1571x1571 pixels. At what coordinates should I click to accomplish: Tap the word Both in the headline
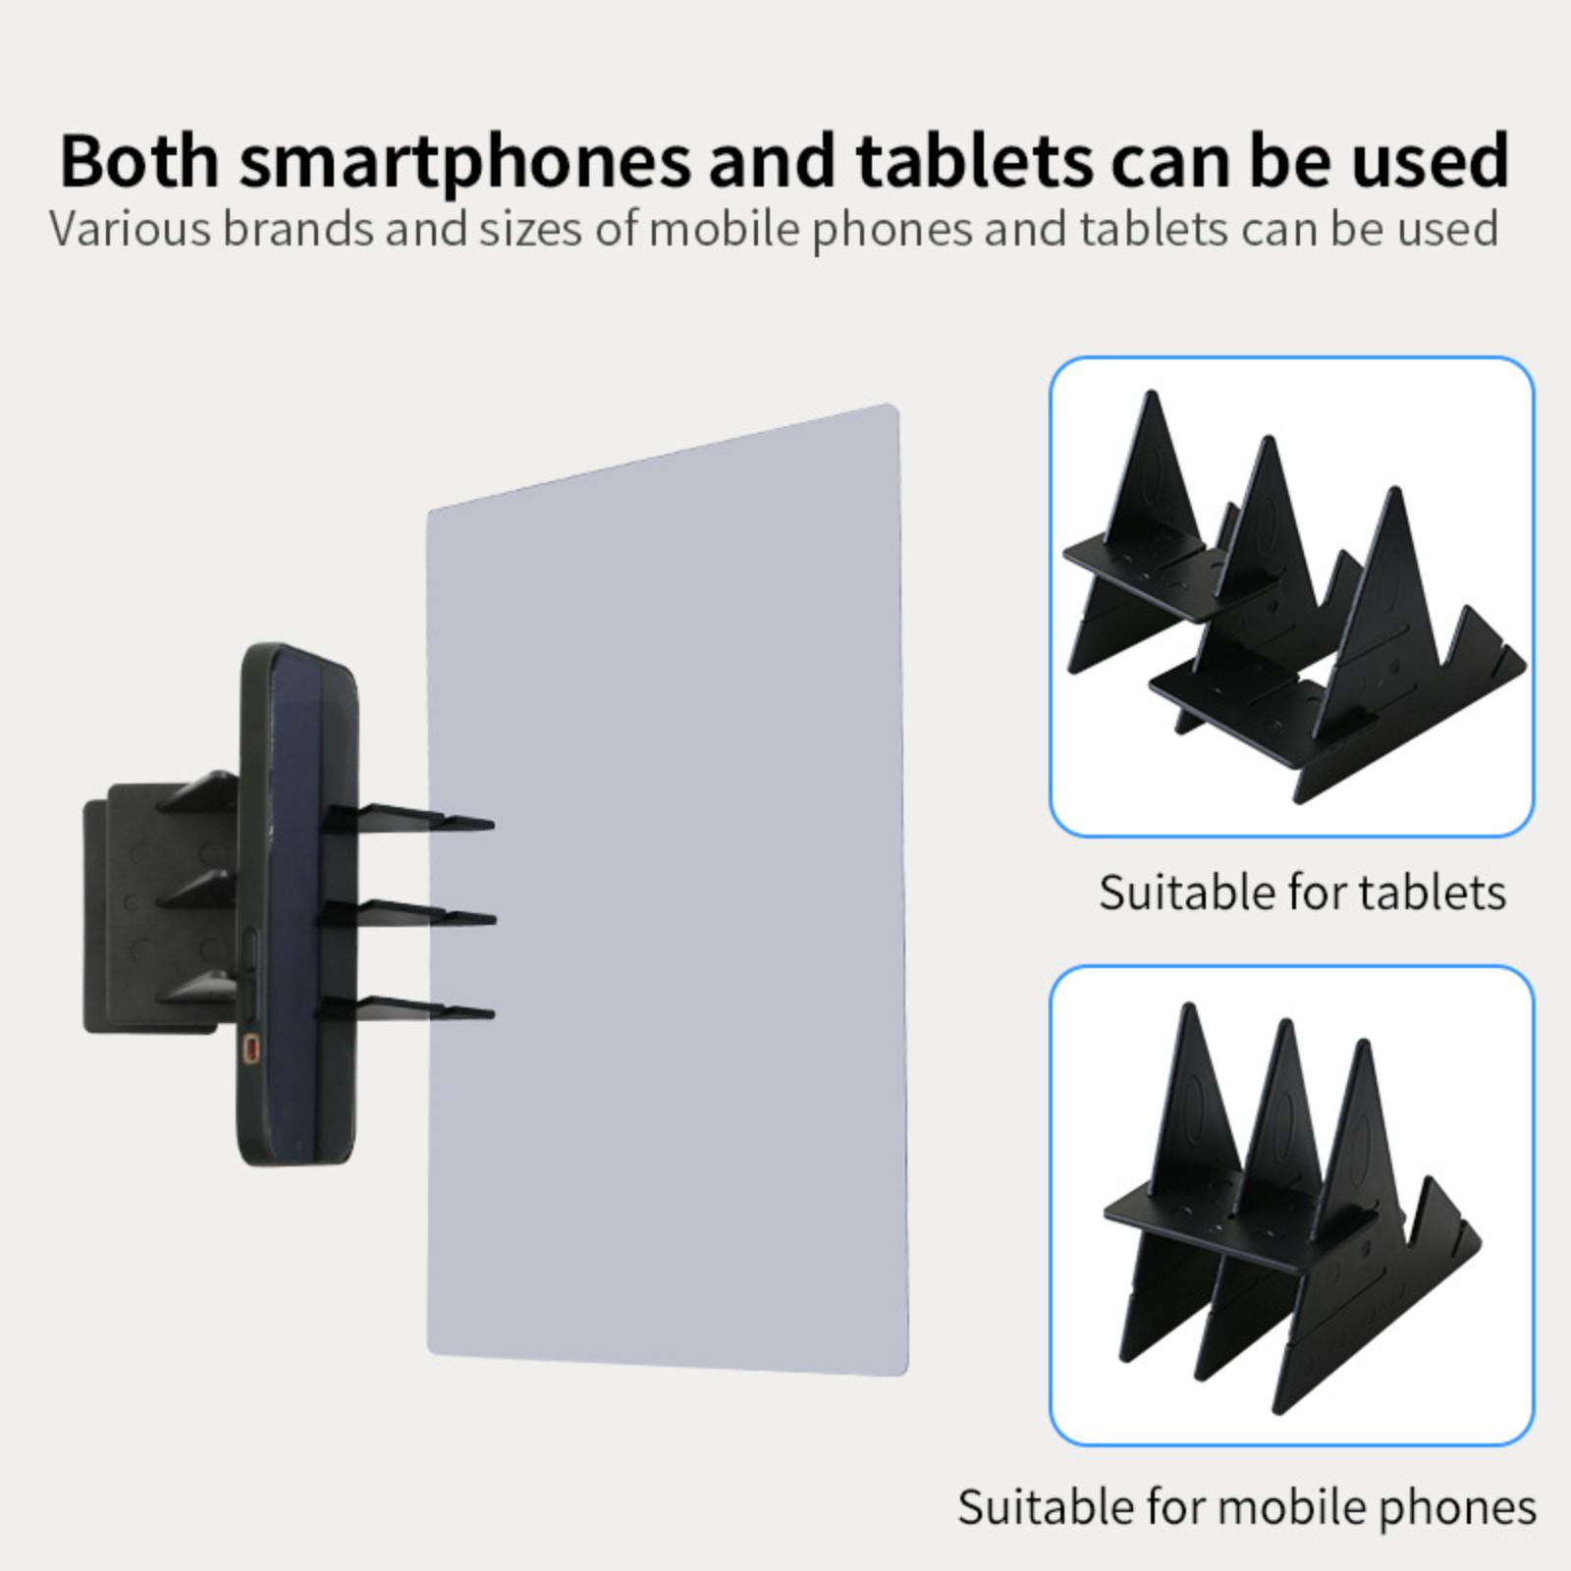139,160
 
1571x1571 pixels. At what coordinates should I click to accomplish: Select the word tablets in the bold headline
974,160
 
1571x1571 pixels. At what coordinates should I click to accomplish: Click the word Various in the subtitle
130,228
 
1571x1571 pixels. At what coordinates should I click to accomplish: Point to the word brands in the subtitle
298,228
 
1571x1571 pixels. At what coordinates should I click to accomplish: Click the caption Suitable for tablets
1302,893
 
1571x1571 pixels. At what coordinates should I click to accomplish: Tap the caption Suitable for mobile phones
1247,1507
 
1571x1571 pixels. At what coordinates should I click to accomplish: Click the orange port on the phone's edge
253,1049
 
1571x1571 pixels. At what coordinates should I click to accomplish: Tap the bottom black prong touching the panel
405,1008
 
